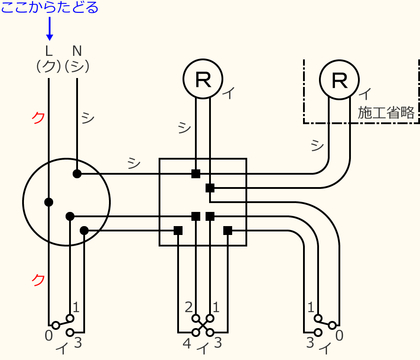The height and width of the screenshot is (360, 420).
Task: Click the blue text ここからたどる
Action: (50, 8)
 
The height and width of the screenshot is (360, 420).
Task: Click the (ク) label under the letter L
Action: (48, 66)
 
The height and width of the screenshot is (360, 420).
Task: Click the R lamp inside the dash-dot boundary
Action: (339, 80)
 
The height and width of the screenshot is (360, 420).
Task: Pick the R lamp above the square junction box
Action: (203, 79)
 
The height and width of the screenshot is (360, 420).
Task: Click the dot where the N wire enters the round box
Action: (77, 174)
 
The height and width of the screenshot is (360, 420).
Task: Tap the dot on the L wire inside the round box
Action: (49, 202)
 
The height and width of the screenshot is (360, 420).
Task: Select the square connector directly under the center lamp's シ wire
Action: (196, 174)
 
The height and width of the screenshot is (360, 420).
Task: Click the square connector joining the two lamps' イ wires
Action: (210, 188)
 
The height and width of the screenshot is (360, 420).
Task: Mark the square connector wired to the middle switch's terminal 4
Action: (178, 231)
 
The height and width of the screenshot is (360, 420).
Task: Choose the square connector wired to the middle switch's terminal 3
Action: (228, 231)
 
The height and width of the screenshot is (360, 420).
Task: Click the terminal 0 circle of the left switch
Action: (56, 325)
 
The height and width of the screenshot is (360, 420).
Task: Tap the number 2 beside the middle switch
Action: (189, 307)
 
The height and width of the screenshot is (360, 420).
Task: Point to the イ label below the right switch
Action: (325, 349)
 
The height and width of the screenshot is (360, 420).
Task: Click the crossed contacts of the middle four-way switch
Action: (203, 325)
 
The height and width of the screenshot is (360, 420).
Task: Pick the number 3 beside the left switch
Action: (78, 342)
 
